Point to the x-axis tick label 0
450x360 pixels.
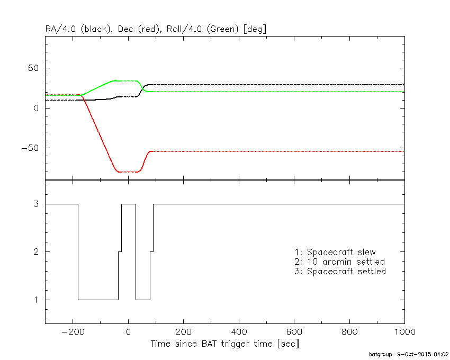[128, 332]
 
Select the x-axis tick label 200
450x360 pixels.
[183, 332]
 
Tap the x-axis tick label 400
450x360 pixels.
[239, 332]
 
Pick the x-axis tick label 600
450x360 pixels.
[294, 332]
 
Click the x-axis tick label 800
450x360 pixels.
[349, 332]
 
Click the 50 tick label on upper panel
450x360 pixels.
[35, 68]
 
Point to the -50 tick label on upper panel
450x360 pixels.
[32, 148]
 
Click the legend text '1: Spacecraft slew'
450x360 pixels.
[335, 252]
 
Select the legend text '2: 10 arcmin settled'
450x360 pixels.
[339, 262]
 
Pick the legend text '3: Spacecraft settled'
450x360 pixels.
[340, 271]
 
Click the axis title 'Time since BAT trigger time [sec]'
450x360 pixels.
[224, 344]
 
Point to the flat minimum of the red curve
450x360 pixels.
[128, 172]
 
